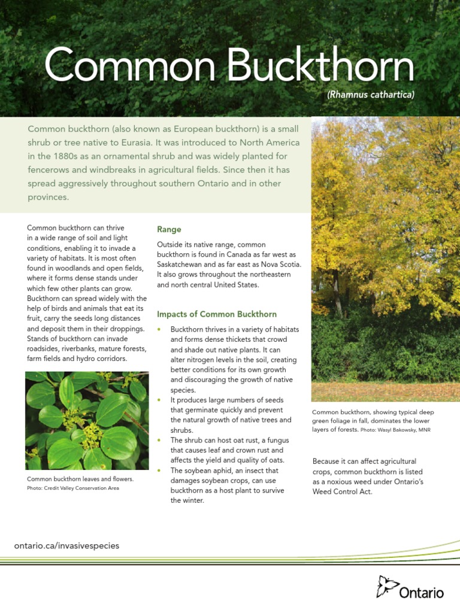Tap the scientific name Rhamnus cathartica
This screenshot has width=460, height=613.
click(x=371, y=95)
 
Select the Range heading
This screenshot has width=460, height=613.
click(x=169, y=230)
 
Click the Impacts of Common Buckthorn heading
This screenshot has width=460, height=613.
click(x=217, y=314)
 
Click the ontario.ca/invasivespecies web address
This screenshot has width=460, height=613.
click(x=66, y=545)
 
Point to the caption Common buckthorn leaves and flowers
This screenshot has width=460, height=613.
click(x=80, y=480)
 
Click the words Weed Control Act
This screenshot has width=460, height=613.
click(x=342, y=491)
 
